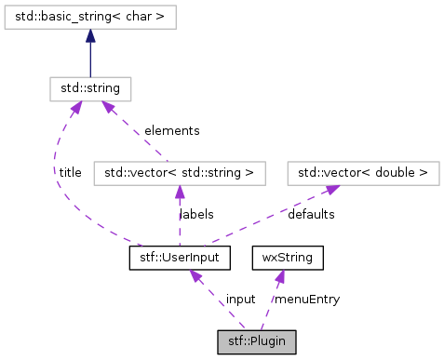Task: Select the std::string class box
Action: [x=90, y=88]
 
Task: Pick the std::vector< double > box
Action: [x=362, y=172]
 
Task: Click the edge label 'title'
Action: [x=69, y=172]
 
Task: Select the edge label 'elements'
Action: [x=171, y=130]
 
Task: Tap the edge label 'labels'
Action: [x=196, y=214]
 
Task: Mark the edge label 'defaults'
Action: [x=312, y=214]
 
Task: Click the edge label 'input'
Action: [x=240, y=299]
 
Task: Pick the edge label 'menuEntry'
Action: [x=306, y=299]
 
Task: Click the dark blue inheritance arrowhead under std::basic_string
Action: [x=90, y=34]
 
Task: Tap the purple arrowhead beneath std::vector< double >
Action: [x=331, y=189]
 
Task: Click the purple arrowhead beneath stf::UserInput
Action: [x=196, y=274]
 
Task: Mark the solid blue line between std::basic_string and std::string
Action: [x=90, y=60]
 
